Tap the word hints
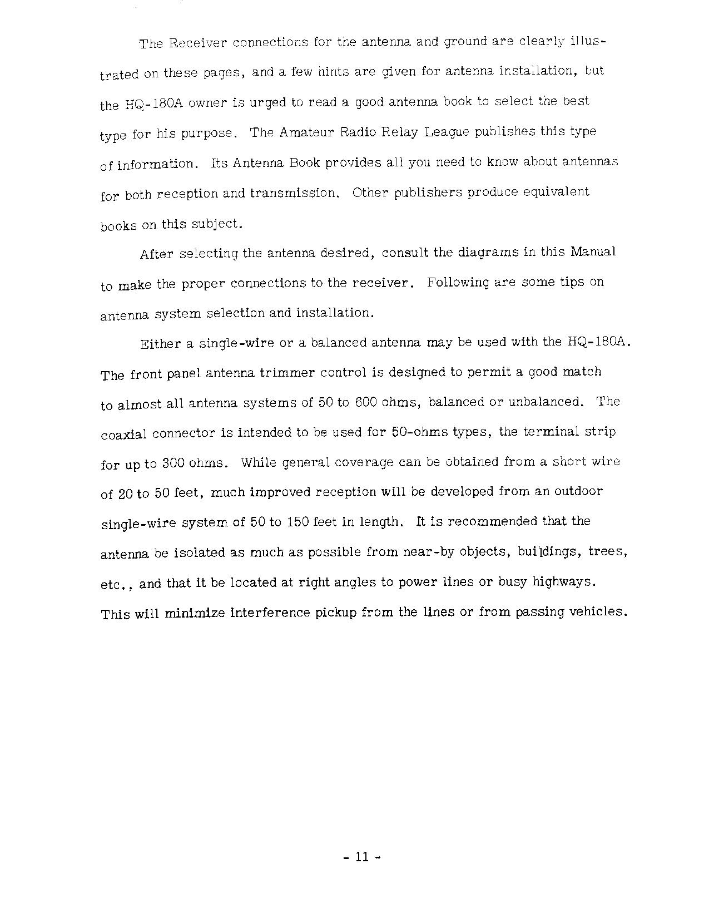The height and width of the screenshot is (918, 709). [334, 72]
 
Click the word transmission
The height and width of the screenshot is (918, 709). [294, 193]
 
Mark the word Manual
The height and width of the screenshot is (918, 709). [593, 251]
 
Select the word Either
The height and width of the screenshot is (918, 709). [160, 344]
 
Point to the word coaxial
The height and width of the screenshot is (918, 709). [123, 434]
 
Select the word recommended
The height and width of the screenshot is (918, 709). [492, 521]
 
